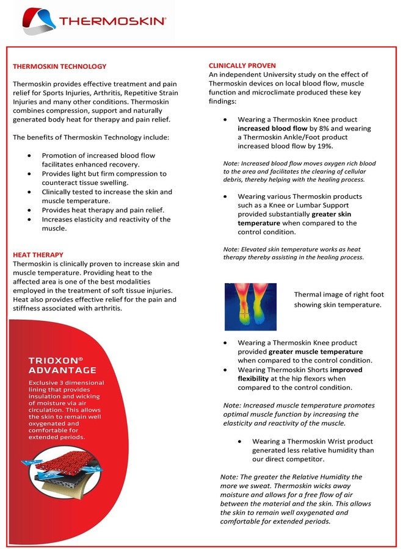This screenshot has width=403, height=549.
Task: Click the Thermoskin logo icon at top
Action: tap(38, 21)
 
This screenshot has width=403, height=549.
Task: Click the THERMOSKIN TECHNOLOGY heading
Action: tap(60, 66)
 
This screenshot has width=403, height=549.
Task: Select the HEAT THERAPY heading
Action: tap(38, 254)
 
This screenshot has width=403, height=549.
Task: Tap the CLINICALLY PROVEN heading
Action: tap(242, 65)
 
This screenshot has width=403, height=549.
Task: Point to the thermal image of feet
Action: tap(250, 307)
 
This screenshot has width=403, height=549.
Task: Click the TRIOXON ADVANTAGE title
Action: tap(62, 365)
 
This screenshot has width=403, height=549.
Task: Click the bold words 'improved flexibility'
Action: tap(299, 374)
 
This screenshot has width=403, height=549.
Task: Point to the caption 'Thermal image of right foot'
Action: tap(338, 295)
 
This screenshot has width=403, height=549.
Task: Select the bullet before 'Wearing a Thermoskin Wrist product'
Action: tap(240, 441)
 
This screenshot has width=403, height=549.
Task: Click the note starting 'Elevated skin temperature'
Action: tap(293, 253)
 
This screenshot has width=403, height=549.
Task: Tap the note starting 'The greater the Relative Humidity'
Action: tap(296, 499)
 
